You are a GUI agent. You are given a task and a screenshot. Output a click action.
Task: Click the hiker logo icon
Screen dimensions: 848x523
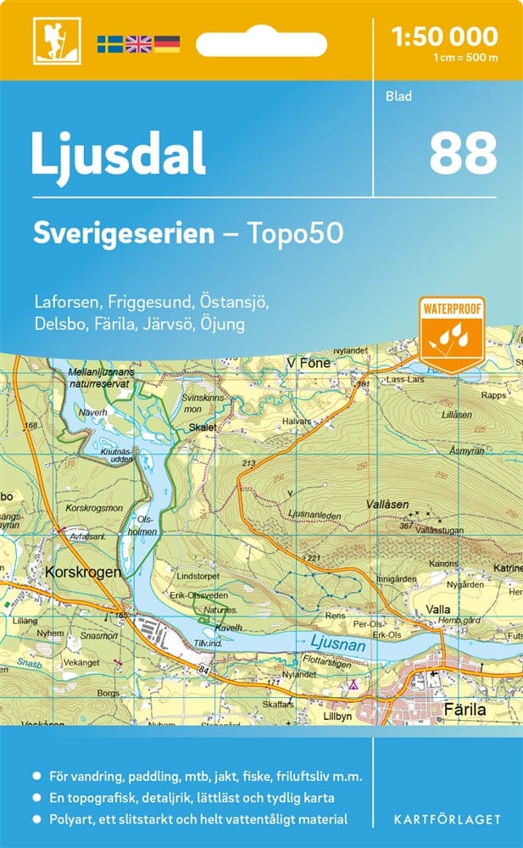point(51,42)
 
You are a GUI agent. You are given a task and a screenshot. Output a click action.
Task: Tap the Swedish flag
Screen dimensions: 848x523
point(110,43)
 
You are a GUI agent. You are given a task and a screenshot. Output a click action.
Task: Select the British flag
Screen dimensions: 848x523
point(138,43)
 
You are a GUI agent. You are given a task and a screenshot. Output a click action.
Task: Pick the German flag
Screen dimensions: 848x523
point(166,43)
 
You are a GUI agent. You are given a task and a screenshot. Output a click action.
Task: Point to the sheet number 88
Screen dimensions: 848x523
point(462,153)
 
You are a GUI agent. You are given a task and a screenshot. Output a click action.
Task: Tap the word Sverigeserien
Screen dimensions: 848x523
point(123,233)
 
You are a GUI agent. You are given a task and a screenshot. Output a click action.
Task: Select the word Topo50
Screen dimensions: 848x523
point(297,233)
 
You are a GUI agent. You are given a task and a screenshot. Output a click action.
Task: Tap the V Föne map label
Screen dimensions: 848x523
point(309,363)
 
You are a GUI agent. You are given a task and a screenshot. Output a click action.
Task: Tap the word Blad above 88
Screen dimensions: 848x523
point(398,96)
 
